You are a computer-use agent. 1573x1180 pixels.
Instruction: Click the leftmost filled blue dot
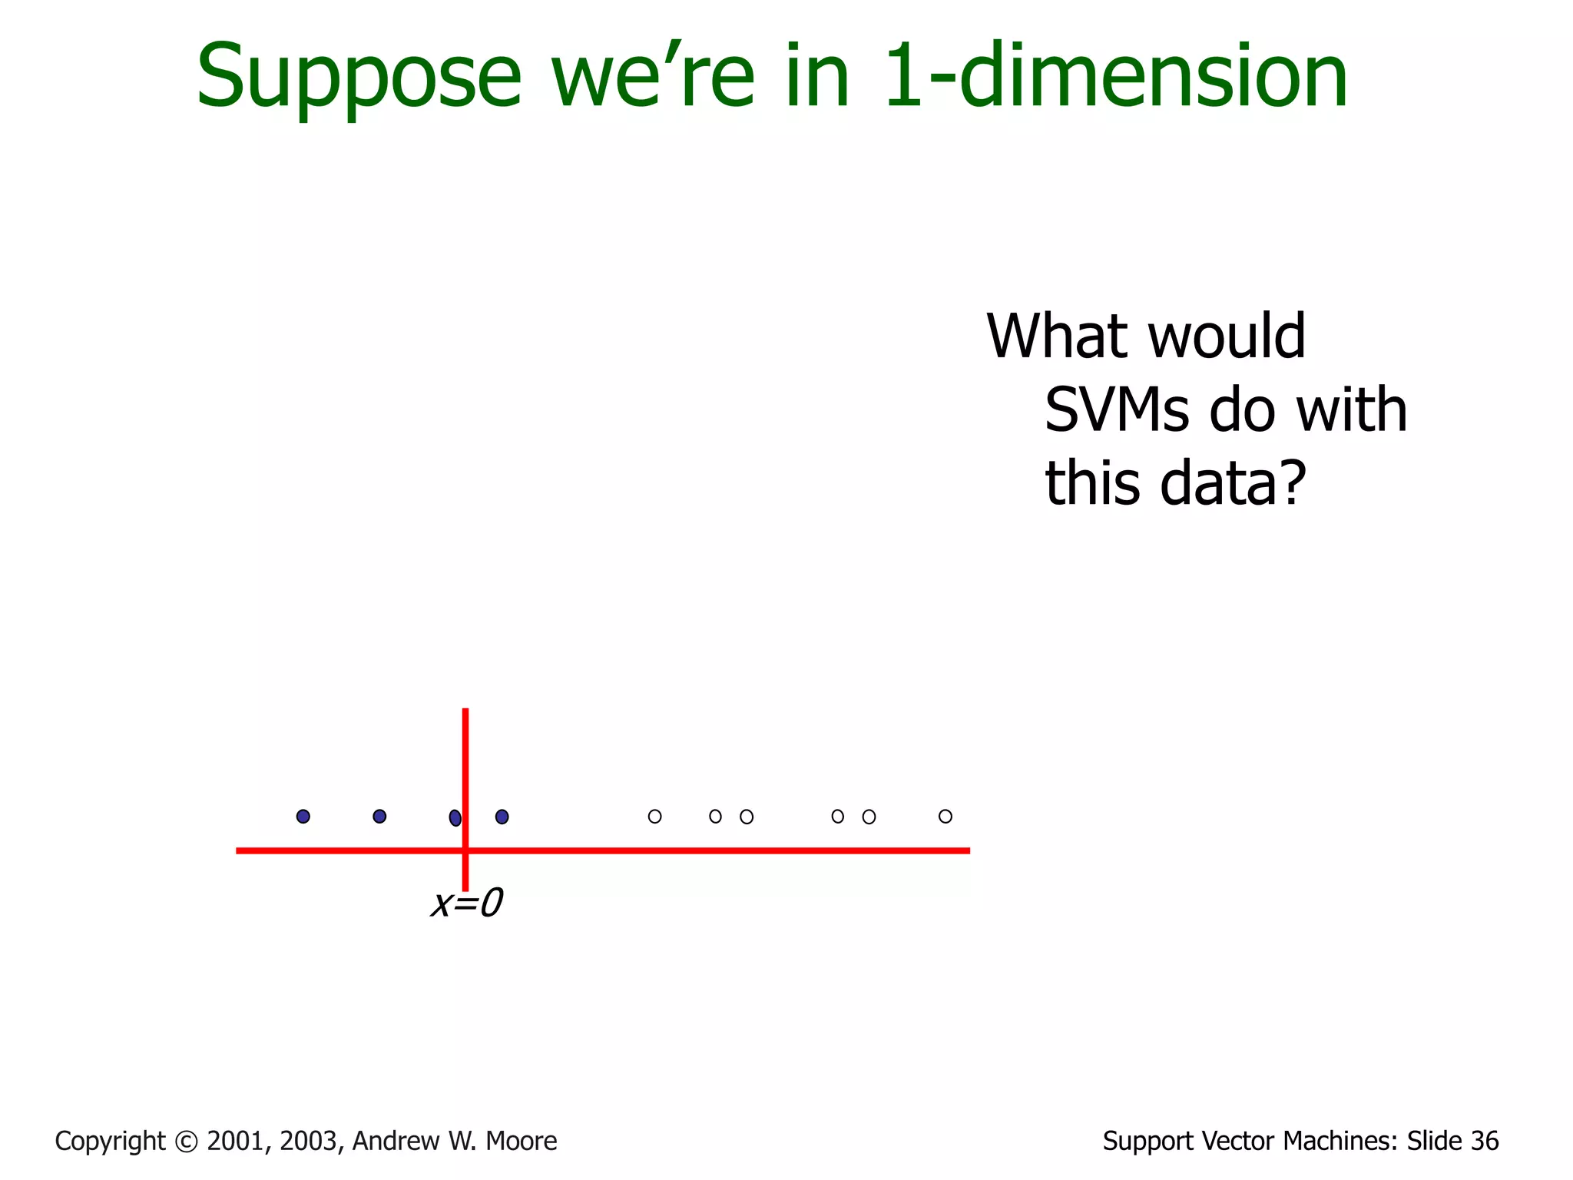tap(303, 816)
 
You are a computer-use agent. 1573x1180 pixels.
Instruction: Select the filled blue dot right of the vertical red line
tap(502, 817)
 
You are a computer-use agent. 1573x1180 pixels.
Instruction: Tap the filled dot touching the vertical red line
tap(455, 817)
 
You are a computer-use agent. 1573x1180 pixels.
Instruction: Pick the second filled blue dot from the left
tap(379, 816)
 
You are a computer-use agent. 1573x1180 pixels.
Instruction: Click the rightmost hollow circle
tap(945, 816)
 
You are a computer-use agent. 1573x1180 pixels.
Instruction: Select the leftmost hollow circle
tap(654, 816)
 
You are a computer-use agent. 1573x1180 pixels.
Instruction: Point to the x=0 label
tap(467, 903)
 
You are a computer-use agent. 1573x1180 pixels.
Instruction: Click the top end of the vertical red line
tap(465, 711)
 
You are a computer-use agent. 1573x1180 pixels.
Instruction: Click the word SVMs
tap(1118, 410)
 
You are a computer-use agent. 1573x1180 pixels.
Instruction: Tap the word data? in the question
tap(1232, 483)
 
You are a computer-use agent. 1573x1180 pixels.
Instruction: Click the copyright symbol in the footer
tap(186, 1142)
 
